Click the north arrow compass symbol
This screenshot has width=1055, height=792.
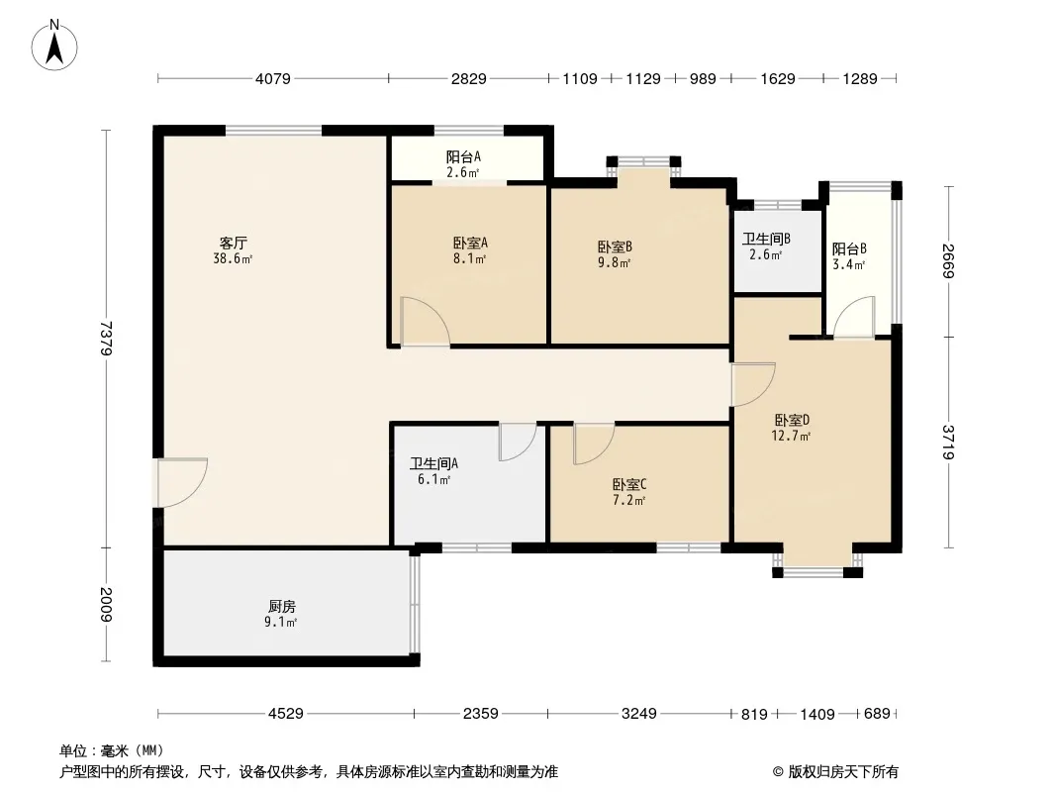(x=54, y=46)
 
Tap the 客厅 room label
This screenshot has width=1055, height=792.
(x=233, y=243)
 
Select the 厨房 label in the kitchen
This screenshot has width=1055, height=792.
(x=281, y=606)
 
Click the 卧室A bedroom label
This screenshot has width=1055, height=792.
(x=470, y=243)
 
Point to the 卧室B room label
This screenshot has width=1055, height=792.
(x=615, y=247)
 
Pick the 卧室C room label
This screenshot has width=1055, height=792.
(x=629, y=484)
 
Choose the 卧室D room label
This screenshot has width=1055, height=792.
(x=792, y=420)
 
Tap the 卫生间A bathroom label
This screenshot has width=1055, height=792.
(x=434, y=463)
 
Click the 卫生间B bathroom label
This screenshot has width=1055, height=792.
(x=766, y=239)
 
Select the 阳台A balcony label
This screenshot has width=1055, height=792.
(x=463, y=156)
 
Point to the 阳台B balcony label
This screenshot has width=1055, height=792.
(x=849, y=248)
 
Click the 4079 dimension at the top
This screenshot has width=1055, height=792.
(x=272, y=79)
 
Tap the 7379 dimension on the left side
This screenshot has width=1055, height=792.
(x=106, y=338)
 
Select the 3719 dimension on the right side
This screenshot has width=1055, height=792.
(x=949, y=443)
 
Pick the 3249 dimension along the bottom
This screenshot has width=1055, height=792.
(x=638, y=713)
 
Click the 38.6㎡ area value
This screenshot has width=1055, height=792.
(x=233, y=258)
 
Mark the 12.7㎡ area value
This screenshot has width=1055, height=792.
(x=792, y=436)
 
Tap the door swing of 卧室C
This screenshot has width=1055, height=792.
(x=594, y=444)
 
